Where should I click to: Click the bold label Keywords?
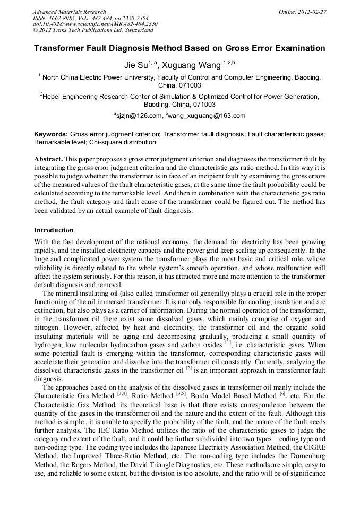[51, 135]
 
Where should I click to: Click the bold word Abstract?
[48, 159]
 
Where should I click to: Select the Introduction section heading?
[54, 230]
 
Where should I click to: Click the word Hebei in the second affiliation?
[53, 97]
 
